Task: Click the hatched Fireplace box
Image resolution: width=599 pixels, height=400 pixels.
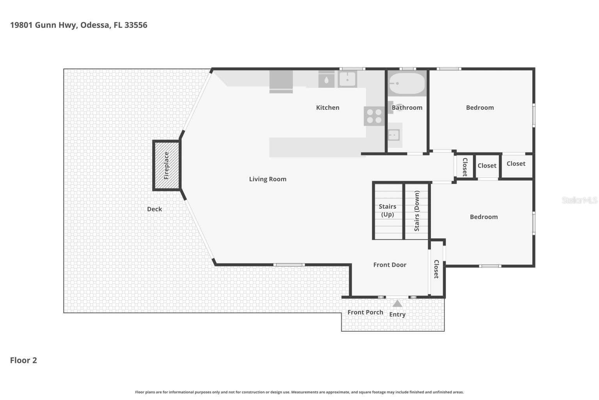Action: tap(167, 165)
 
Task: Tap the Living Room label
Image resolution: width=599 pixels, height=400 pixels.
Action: tap(268, 179)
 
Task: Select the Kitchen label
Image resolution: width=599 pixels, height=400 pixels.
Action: tap(328, 107)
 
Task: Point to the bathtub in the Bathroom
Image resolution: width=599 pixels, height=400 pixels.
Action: tap(407, 83)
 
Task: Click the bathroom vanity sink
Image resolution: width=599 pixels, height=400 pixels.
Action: tap(394, 135)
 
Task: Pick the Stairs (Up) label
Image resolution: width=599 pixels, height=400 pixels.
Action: tap(387, 210)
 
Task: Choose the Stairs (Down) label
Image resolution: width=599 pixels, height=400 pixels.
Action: tap(417, 211)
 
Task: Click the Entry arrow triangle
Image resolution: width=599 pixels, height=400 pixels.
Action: tap(397, 304)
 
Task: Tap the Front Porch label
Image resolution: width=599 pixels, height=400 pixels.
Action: tap(365, 312)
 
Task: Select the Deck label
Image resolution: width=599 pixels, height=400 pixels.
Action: tap(154, 209)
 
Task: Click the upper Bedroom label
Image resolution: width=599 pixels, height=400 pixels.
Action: tap(480, 107)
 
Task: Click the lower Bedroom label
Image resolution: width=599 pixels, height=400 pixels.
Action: tap(484, 217)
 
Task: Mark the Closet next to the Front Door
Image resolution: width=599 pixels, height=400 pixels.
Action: tap(436, 269)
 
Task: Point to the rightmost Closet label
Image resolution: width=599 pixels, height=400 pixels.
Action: tap(516, 164)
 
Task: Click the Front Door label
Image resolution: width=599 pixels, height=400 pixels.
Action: tap(390, 265)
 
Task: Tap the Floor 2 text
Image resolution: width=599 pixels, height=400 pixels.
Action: tap(23, 360)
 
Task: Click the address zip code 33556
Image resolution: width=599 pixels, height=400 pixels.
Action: tap(136, 25)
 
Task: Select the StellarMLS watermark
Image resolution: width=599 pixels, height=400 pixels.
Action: tap(579, 200)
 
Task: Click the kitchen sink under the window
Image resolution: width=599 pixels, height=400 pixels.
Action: tap(347, 79)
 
